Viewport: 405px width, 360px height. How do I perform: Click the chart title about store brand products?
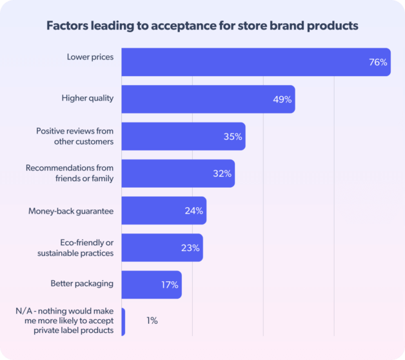[202, 26]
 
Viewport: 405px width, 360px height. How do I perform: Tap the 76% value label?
[377, 63]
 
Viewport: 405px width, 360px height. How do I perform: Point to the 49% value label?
[282, 99]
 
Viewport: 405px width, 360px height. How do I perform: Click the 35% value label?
[232, 136]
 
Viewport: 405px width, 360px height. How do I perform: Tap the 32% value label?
[222, 174]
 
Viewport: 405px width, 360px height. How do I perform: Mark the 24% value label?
[193, 210]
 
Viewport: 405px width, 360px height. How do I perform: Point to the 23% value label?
[190, 248]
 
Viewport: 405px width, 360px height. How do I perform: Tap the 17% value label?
[169, 285]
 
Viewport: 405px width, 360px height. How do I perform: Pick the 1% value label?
[152, 321]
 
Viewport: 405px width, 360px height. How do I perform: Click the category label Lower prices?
[90, 57]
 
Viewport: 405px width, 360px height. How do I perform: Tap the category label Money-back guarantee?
[71, 211]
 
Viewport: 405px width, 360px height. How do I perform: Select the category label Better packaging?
[82, 283]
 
